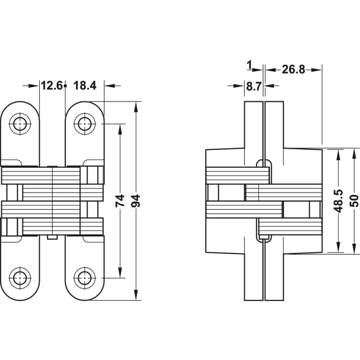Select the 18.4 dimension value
[84, 85]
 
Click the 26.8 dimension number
[293, 69]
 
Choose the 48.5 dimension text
[339, 201]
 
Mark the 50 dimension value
[353, 201]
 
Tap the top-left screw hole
[20, 123]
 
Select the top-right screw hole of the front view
[83, 123]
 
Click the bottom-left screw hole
[20, 278]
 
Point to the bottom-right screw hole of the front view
[83, 278]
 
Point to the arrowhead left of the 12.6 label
[36, 85]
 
